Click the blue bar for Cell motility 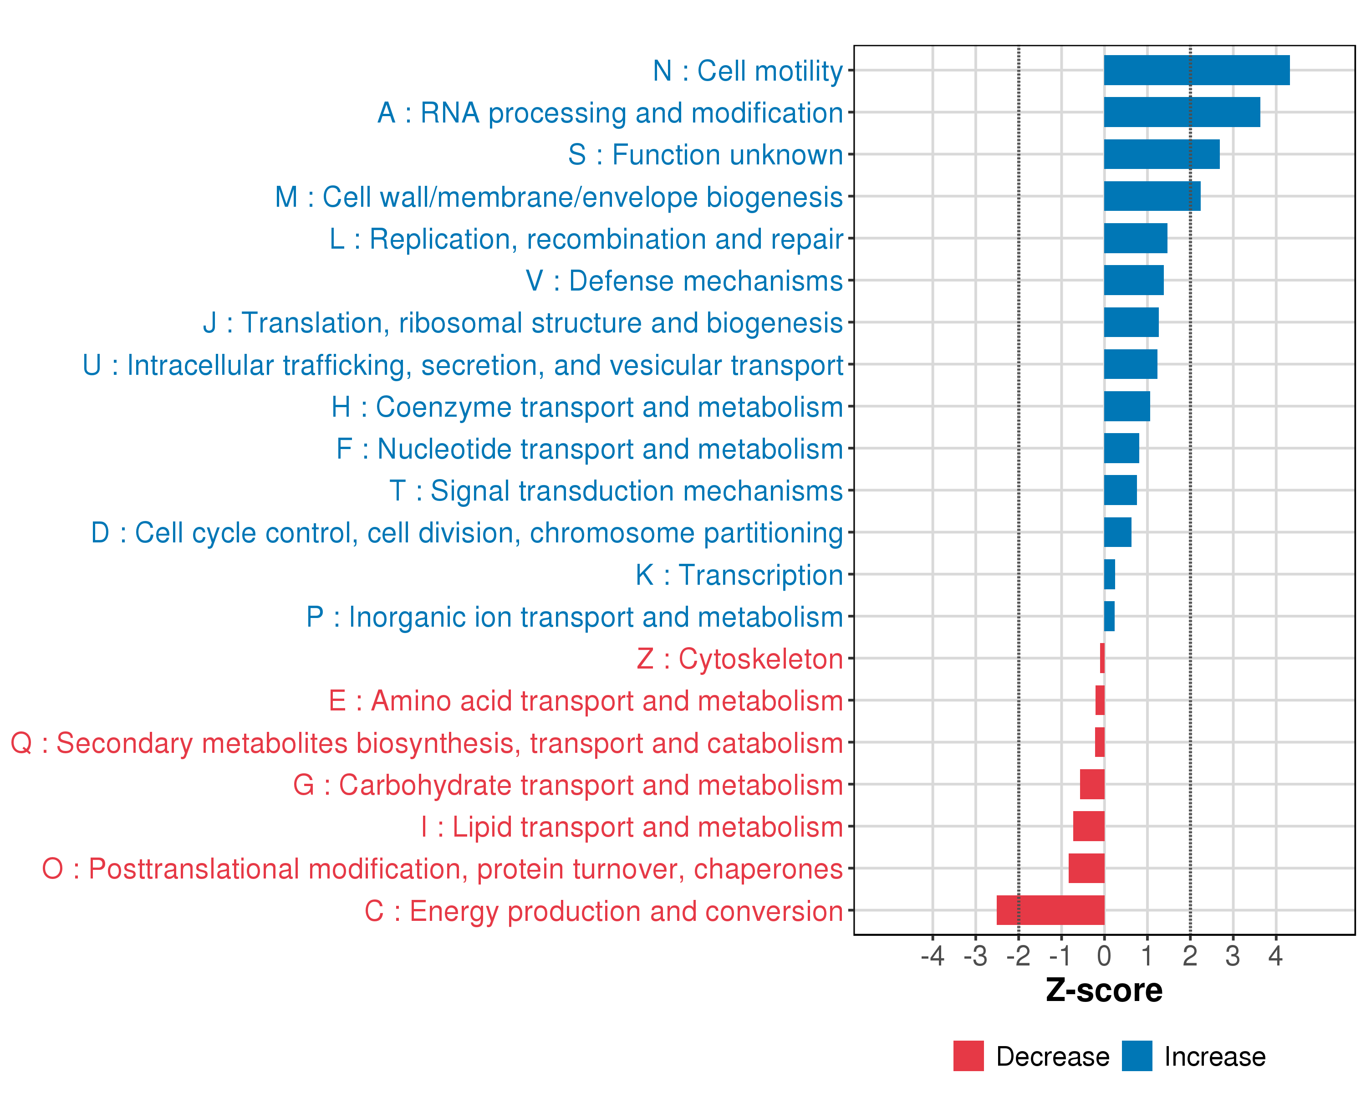click(x=1196, y=70)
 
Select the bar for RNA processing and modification click(x=1182, y=112)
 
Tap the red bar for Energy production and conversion click(x=1050, y=910)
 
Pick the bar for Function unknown click(x=1162, y=154)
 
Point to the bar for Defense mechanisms click(x=1133, y=280)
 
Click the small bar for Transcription click(x=1109, y=574)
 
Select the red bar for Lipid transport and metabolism click(x=1089, y=826)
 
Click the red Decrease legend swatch click(x=968, y=1056)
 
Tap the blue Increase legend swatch click(x=1137, y=1056)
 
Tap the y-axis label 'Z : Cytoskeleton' click(x=739, y=659)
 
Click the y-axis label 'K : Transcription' click(x=739, y=575)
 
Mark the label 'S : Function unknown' click(x=705, y=154)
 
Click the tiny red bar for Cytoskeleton click(x=1102, y=658)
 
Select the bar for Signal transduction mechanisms click(x=1120, y=490)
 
